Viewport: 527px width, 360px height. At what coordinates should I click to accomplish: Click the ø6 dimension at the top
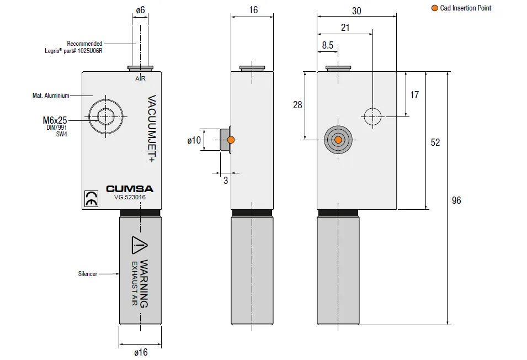[x=140, y=10]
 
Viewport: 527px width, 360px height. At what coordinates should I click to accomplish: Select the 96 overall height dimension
[x=456, y=200]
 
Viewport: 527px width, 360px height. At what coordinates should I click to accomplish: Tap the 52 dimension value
[x=435, y=142]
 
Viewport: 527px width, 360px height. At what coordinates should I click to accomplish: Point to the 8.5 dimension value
[x=327, y=46]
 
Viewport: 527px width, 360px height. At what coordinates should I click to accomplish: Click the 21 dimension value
[x=345, y=28]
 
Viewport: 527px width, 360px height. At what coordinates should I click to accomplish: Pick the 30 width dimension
[x=356, y=10]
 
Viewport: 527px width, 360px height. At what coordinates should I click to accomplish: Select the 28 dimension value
[x=297, y=105]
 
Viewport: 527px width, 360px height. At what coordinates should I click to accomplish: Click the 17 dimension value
[x=414, y=95]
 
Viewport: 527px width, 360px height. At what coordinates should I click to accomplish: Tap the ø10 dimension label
[x=194, y=140]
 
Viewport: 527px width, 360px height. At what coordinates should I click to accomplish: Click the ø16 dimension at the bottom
[x=141, y=353]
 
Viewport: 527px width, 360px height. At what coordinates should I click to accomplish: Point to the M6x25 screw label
[x=54, y=119]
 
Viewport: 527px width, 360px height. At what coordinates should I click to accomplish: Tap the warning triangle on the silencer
[x=139, y=244]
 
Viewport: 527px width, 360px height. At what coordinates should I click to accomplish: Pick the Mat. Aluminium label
[x=51, y=96]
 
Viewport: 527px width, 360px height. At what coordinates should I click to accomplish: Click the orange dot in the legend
[x=434, y=8]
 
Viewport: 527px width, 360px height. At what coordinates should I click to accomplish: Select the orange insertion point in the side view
[x=231, y=140]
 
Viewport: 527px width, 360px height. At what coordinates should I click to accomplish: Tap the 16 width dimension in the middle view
[x=253, y=10]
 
